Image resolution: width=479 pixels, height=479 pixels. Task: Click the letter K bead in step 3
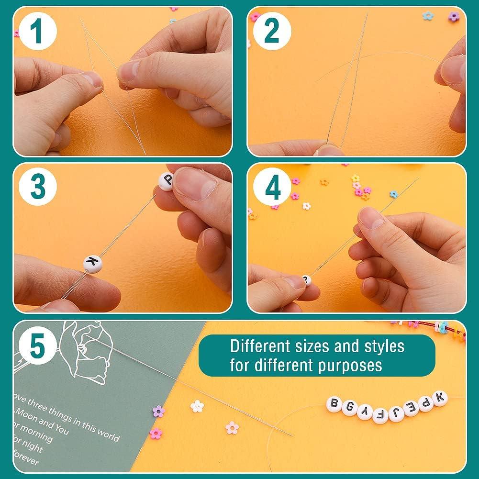pos(92,263)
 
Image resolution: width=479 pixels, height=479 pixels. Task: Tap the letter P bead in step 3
pos(166,181)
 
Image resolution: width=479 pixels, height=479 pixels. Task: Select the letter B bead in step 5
pos(334,404)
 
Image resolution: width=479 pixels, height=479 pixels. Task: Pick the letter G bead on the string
pos(349,408)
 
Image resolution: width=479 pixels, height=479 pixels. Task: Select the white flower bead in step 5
pos(197,406)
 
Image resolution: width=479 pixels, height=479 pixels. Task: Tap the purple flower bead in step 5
pos(158,411)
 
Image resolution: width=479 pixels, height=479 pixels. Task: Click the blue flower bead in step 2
pos(427,16)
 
